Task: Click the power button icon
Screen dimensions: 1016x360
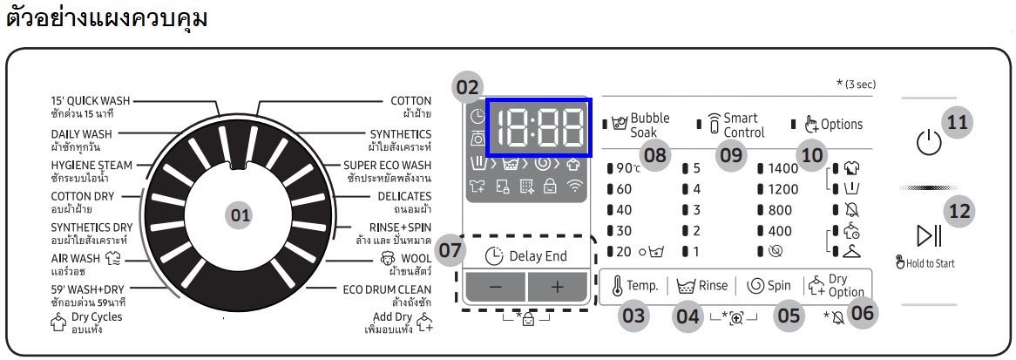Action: tap(929, 142)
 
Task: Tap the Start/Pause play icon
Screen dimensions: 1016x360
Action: tap(929, 234)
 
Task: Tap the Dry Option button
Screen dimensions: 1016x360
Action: tap(837, 285)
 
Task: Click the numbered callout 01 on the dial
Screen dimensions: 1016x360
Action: tap(240, 214)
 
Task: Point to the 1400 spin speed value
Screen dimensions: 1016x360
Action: tap(782, 168)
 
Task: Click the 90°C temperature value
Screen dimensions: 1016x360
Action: tap(628, 168)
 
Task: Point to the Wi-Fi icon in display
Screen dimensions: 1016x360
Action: tap(573, 187)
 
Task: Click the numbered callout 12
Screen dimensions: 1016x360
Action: tap(959, 211)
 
